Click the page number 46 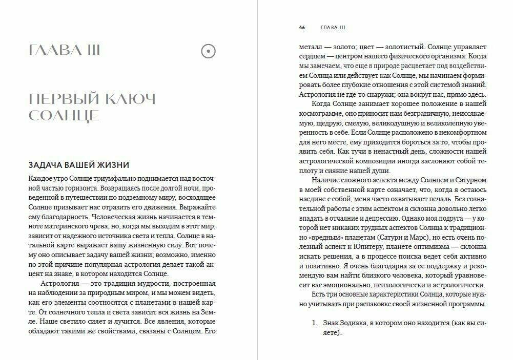click(x=302, y=27)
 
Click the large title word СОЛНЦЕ click(x=64, y=116)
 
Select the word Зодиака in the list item click(x=357, y=323)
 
